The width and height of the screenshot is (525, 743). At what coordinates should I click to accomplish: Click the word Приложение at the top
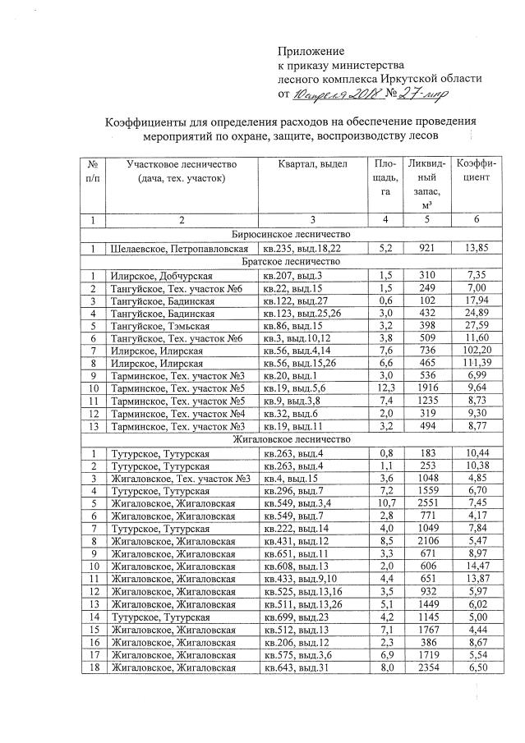(311, 51)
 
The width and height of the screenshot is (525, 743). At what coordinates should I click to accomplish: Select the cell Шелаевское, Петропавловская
(179, 247)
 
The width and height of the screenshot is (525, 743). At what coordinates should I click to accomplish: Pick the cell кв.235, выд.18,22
(302, 247)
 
